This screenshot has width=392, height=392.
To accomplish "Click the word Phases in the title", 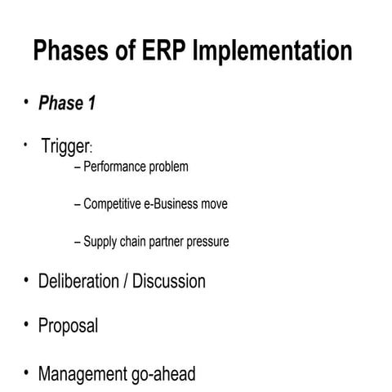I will pos(73,51).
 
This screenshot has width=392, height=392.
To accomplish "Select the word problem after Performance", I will pos(168,167).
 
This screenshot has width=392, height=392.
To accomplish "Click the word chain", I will pos(137,242).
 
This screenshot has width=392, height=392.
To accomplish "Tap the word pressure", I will pos(211,242).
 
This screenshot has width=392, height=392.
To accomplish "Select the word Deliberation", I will pos(78,282).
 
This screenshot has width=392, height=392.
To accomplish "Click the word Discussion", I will pos(169,282).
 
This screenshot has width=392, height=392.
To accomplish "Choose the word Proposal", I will pos(68,327).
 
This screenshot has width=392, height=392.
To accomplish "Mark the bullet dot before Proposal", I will pos(26,325).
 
